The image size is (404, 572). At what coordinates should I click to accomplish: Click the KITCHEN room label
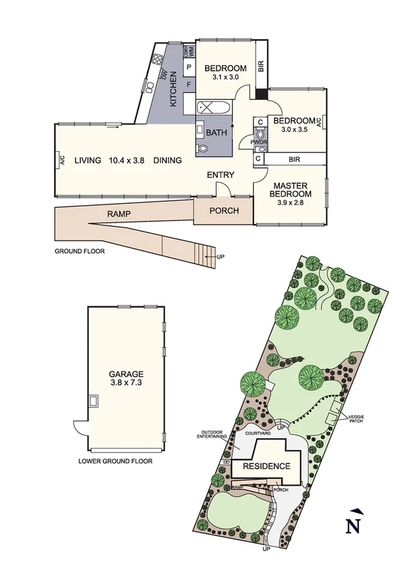(173, 89)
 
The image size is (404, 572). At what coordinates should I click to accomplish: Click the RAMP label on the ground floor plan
(118, 214)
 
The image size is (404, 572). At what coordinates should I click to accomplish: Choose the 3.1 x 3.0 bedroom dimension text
(225, 77)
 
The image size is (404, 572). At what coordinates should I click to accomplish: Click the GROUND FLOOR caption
(80, 251)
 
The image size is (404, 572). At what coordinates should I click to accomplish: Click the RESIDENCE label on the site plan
(266, 466)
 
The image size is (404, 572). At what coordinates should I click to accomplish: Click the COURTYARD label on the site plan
(258, 434)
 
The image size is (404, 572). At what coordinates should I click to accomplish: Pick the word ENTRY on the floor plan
(221, 175)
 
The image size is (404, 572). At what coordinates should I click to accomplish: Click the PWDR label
(259, 142)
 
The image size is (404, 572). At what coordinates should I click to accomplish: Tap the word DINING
(167, 161)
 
